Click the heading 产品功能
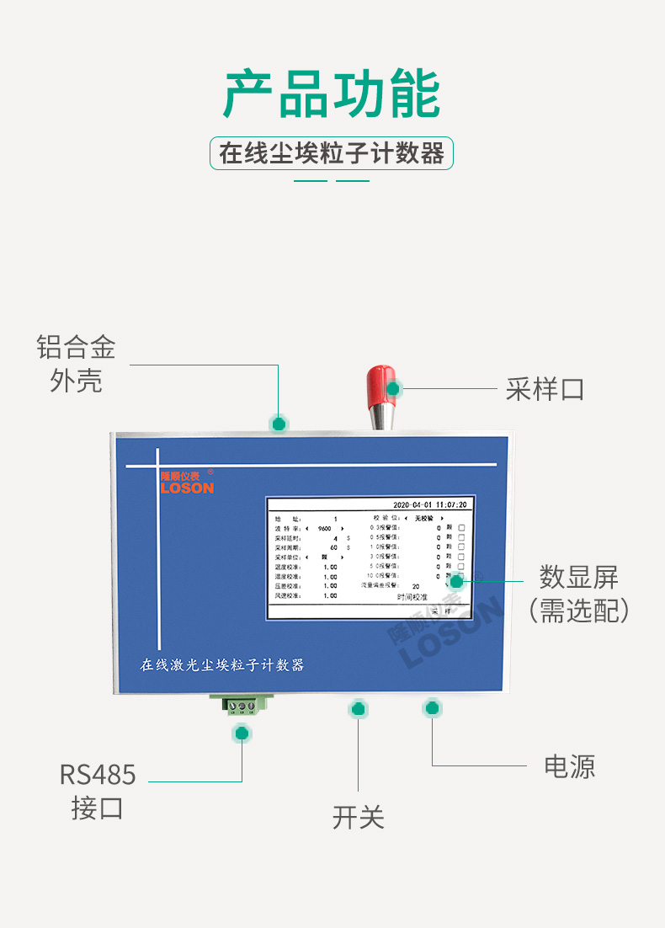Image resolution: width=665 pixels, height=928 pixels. coord(332,94)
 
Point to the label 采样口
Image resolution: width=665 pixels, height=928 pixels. coord(545,389)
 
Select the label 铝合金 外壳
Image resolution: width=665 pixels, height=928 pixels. coord(76,364)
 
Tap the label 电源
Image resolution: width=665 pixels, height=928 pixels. coord(570,766)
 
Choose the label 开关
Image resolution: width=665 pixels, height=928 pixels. coord(358,816)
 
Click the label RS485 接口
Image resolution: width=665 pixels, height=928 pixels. coord(98,791)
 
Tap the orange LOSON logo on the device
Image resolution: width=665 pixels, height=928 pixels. coord(187,487)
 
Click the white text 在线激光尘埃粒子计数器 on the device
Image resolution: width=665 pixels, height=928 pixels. coord(222,665)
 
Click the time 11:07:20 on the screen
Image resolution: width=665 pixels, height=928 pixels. coord(451,504)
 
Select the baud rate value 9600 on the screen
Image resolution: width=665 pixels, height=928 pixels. coord(325,528)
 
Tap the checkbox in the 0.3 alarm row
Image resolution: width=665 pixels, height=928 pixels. coord(461,527)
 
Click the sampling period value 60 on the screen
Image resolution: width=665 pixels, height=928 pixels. coord(333,547)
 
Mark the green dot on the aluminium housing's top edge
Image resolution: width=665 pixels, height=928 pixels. coord(279,423)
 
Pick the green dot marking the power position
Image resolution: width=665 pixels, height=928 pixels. coord(433,708)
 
